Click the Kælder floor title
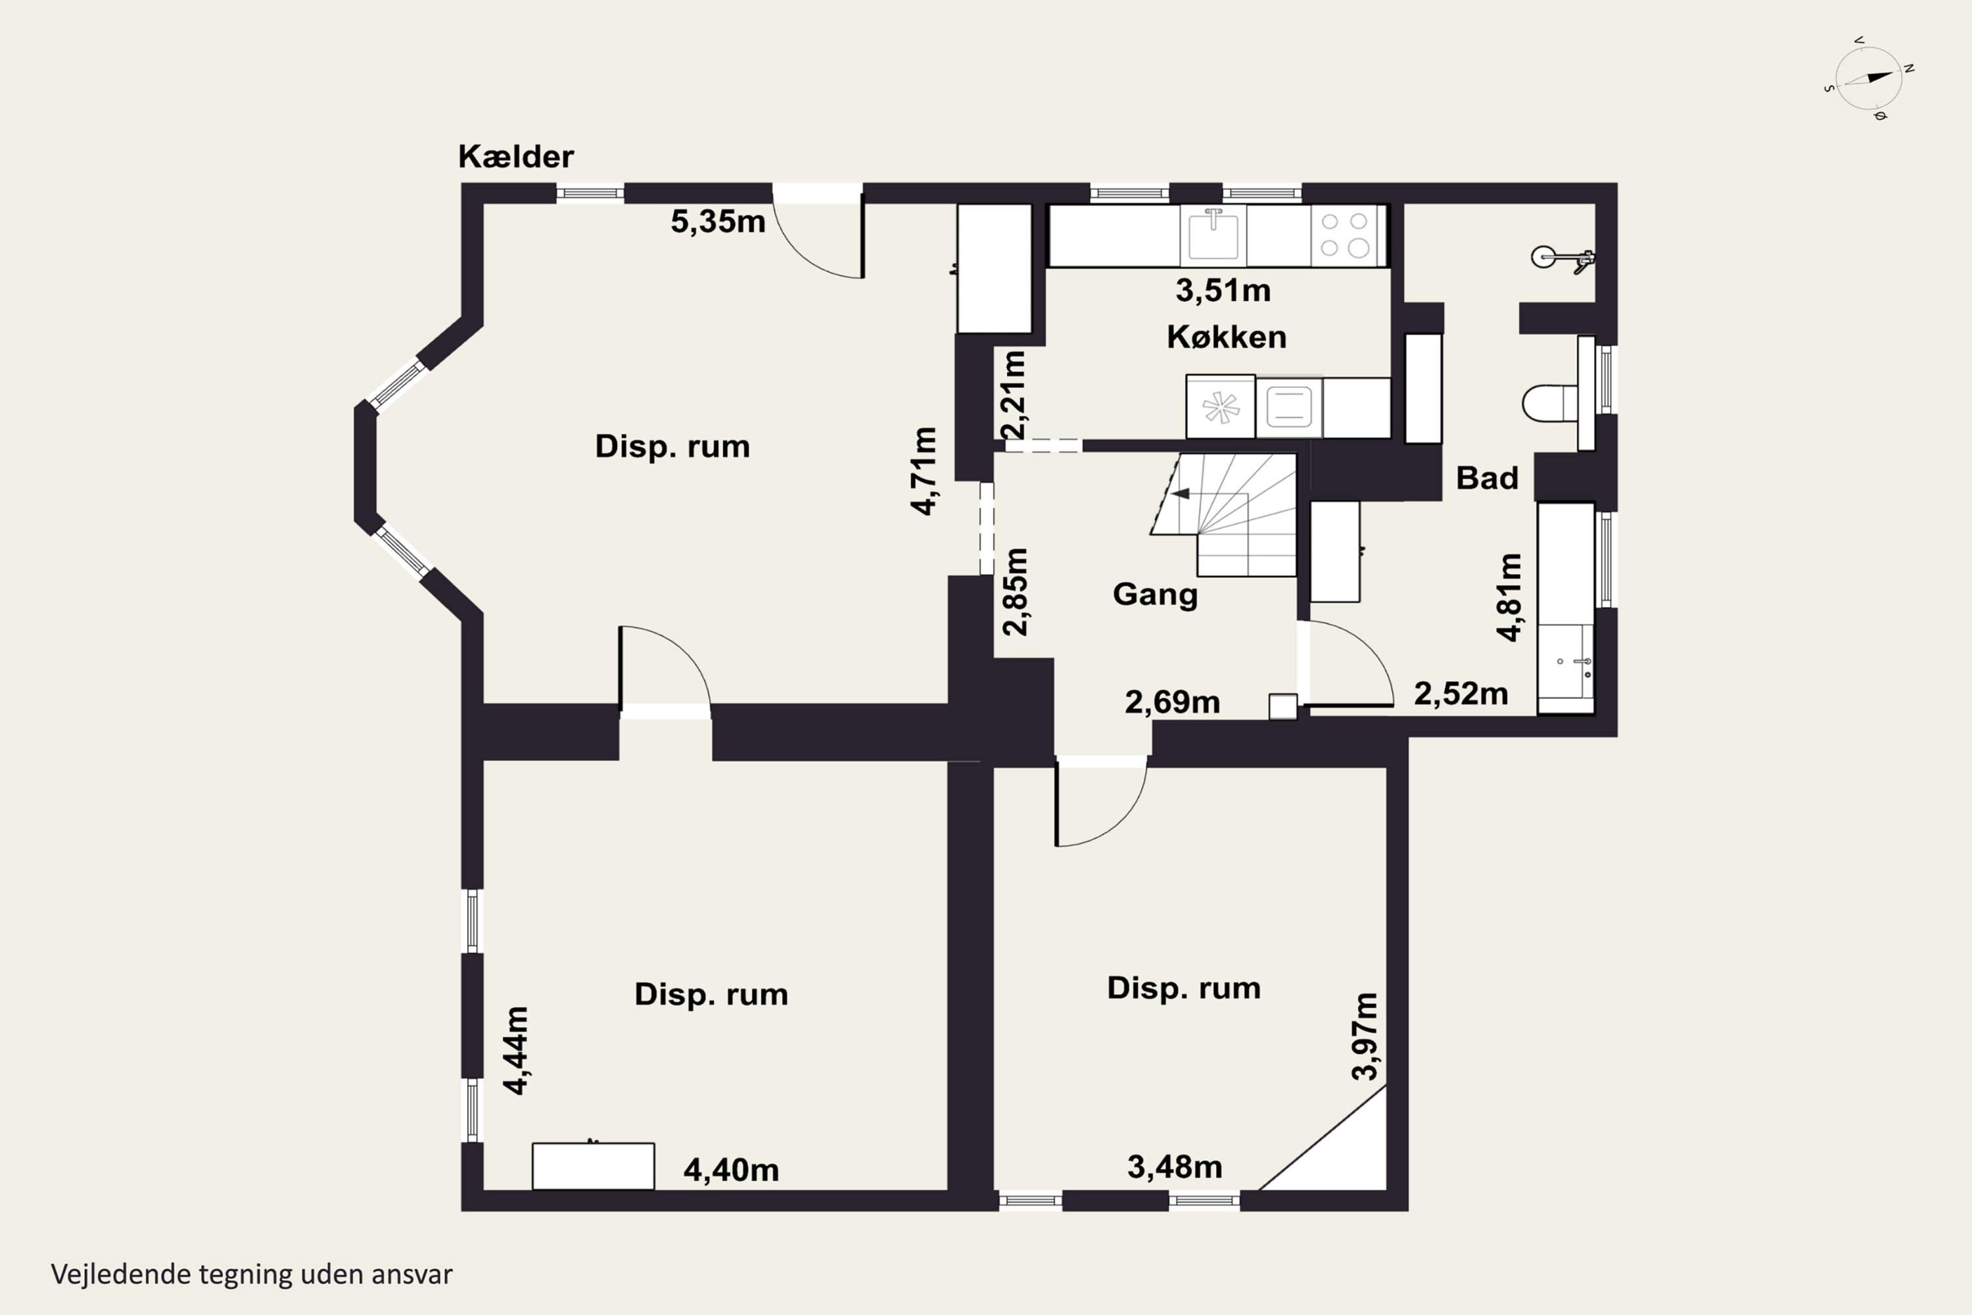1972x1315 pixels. coord(515,157)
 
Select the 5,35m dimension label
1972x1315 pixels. coord(718,222)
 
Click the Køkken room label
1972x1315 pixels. coord(1226,337)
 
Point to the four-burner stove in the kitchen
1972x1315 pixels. coord(1345,235)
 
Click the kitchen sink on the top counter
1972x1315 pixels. coord(1212,235)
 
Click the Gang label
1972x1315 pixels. coord(1154,594)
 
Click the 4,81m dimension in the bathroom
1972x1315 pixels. coord(1509,597)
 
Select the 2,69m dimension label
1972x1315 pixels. coord(1172,703)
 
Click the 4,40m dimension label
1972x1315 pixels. coord(731,1170)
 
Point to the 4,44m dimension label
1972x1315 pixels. coord(515,1050)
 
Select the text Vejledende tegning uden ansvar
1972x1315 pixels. coord(252,1274)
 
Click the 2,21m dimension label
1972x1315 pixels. coord(1014,395)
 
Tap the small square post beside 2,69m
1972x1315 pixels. coord(1283,706)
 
